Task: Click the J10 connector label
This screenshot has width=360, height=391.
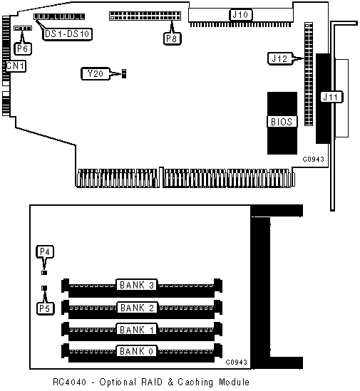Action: pos(240,15)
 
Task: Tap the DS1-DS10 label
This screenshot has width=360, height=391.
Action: pos(67,33)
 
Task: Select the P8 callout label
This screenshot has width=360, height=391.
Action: pos(172,38)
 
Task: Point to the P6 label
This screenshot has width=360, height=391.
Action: pos(23,48)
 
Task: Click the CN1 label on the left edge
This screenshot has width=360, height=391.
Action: pos(16,66)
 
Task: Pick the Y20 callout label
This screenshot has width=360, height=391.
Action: pos(96,74)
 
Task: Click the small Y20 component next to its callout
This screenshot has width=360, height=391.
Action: pos(124,73)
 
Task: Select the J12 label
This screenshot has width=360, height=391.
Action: pos(280,59)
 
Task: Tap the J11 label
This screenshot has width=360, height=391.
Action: pos(331,97)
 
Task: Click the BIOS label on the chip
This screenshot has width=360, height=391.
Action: pos(282,122)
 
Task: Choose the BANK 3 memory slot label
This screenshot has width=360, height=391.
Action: pos(137,285)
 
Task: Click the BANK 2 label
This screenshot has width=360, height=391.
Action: pos(137,308)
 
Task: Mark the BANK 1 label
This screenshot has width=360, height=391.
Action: pos(137,330)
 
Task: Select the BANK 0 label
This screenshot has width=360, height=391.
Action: pos(136,351)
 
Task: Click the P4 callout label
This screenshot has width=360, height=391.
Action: pos(45,252)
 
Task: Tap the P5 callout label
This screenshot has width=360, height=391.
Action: pos(45,308)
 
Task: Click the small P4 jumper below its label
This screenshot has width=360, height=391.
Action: pos(44,273)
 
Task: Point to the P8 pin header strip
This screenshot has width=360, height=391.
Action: pos(145,16)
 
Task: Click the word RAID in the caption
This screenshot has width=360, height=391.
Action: pos(152,382)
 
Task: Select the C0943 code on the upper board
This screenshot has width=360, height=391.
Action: pos(314,159)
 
